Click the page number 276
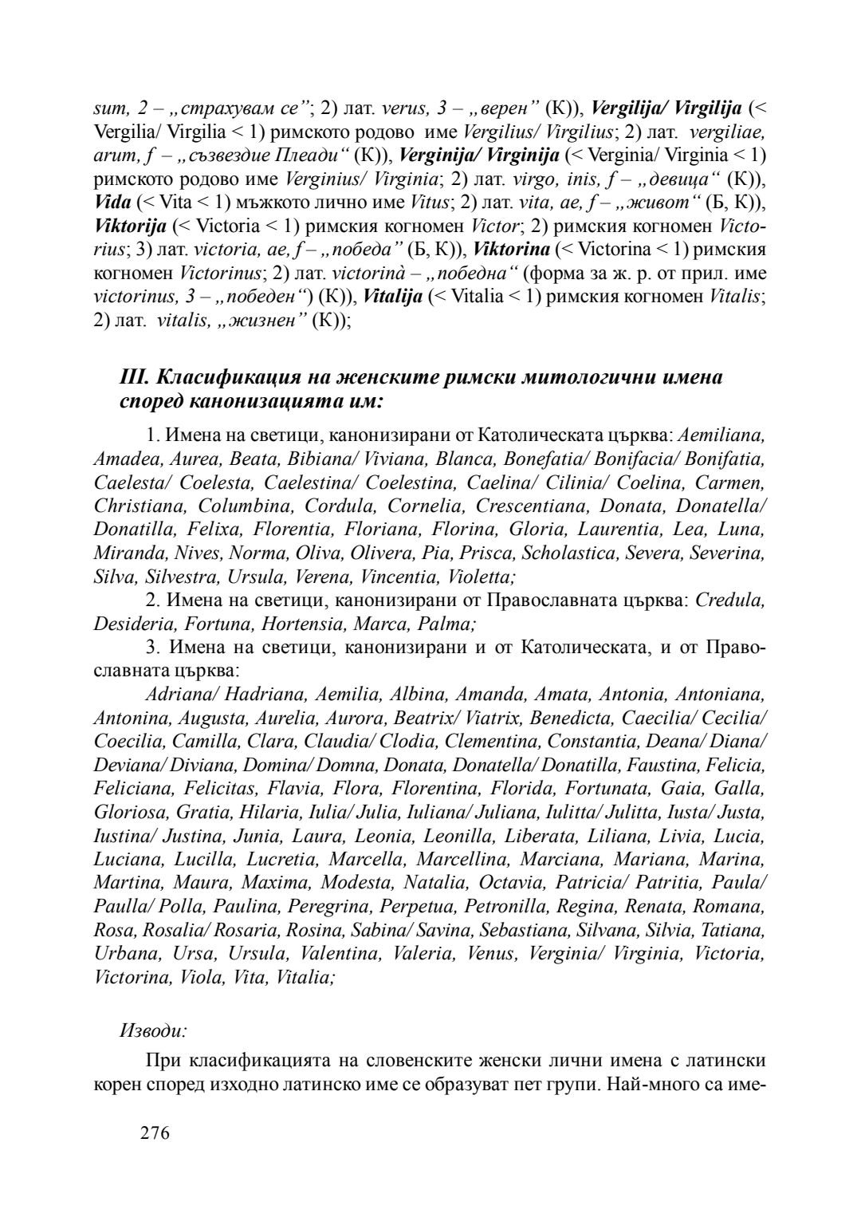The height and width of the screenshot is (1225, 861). pos(155,1133)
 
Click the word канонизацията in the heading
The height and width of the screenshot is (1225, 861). pos(279,400)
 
